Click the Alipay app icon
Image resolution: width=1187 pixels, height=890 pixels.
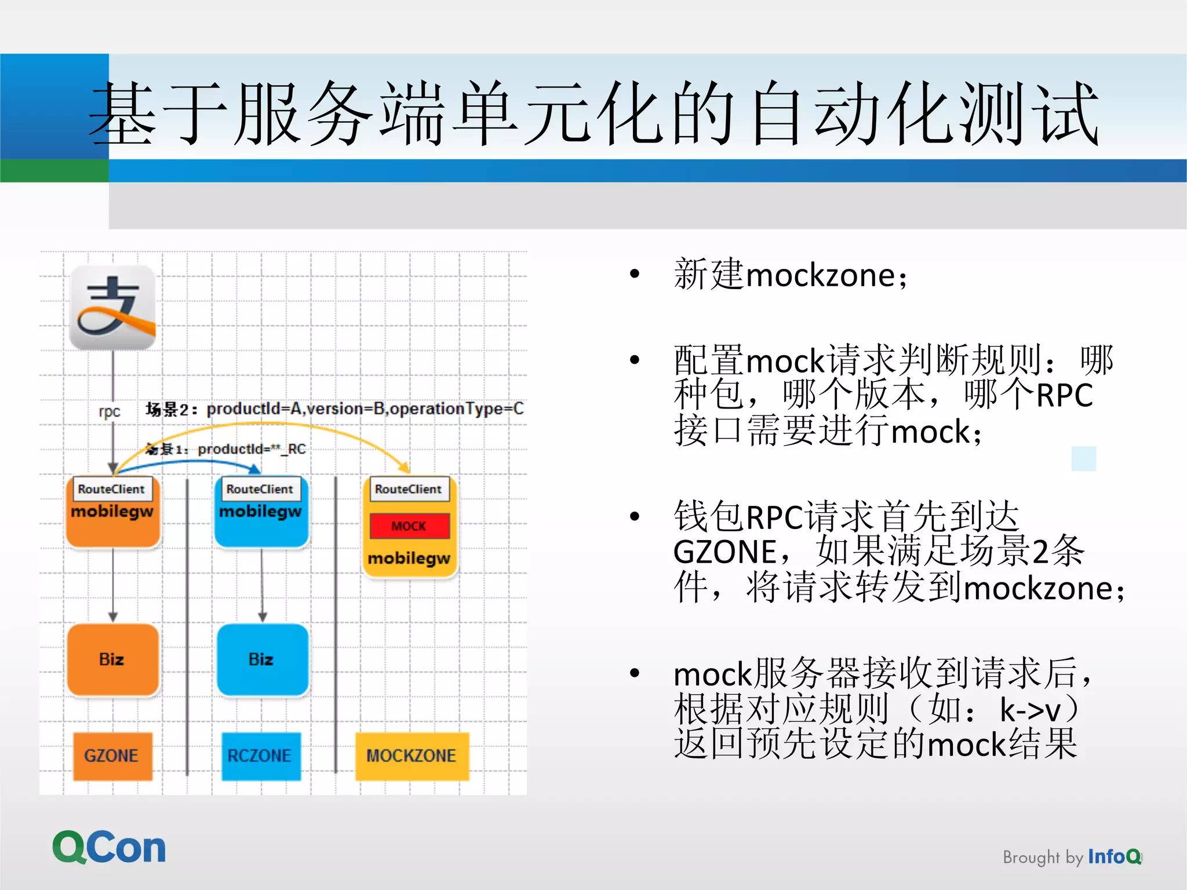(x=112, y=307)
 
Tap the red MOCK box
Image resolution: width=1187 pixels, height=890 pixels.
(x=409, y=526)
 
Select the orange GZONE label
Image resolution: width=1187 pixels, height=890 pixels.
(x=112, y=756)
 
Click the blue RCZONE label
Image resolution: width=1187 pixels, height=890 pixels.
(x=260, y=756)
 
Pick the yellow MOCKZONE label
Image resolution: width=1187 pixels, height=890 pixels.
(x=412, y=756)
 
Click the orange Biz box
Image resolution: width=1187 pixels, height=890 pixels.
(x=112, y=659)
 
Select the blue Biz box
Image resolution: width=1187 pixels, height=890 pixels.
(x=261, y=659)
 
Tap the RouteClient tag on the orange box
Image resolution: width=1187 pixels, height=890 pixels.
(x=111, y=489)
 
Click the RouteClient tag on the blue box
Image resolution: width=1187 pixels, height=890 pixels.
(x=260, y=489)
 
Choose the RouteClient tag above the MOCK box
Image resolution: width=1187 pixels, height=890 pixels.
(x=408, y=489)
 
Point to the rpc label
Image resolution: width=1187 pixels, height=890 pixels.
(x=110, y=411)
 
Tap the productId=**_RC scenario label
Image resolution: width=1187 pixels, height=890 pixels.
(x=252, y=449)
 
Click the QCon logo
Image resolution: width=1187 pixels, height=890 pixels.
(x=109, y=848)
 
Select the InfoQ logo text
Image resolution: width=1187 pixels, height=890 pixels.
(x=1114, y=856)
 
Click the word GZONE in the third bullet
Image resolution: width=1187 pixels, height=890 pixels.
(x=724, y=552)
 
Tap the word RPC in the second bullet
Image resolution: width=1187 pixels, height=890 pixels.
(x=1064, y=396)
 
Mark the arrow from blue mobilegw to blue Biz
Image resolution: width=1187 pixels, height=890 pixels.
(x=262, y=585)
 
